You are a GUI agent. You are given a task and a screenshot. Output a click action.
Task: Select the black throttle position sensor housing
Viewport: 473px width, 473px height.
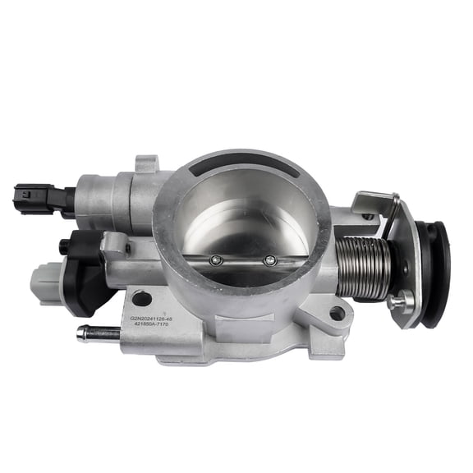[89, 267]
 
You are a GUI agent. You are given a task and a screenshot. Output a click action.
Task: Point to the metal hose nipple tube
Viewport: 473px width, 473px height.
[96, 333]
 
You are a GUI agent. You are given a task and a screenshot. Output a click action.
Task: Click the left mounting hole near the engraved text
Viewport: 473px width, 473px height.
[141, 299]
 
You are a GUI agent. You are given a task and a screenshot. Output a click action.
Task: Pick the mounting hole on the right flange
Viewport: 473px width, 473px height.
[337, 314]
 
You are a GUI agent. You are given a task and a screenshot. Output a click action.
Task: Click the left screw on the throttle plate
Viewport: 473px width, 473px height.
[216, 260]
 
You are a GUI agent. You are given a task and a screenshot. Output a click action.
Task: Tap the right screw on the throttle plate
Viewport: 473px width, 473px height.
[270, 261]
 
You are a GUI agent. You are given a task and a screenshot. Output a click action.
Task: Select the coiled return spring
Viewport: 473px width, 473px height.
[365, 266]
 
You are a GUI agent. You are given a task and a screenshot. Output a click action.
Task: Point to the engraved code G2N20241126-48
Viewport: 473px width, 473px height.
[163, 315]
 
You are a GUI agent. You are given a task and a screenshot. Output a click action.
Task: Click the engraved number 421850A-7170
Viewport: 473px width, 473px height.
[169, 324]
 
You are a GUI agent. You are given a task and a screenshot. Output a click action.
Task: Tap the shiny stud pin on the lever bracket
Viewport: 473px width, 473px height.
[402, 302]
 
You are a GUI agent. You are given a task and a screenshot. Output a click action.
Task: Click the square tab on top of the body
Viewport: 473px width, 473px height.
[146, 164]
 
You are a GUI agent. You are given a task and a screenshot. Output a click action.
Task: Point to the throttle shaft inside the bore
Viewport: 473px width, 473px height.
[243, 259]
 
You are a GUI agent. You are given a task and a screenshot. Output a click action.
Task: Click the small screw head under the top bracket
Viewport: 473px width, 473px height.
[369, 217]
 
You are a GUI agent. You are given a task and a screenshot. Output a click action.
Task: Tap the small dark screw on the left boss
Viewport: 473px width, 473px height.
[123, 244]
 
